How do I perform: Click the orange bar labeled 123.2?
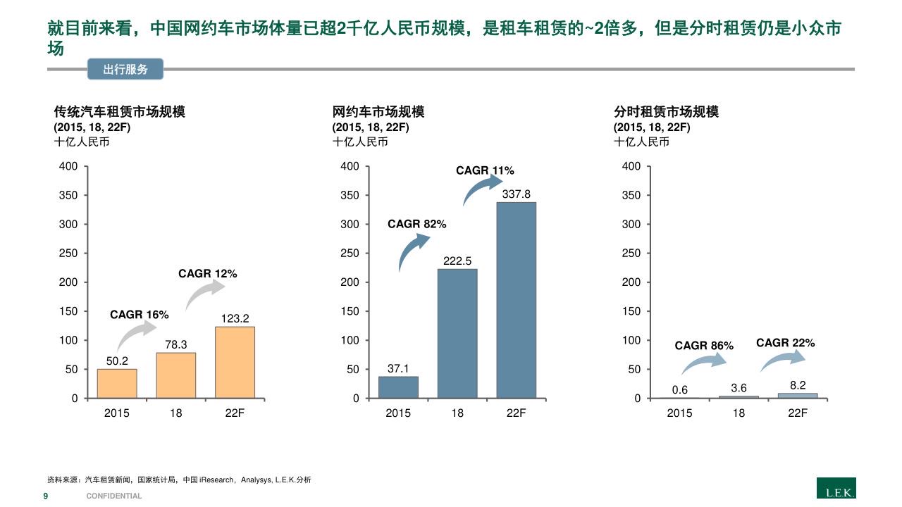[x=235, y=362]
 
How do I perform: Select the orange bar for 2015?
[x=117, y=383]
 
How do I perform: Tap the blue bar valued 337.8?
[x=516, y=300]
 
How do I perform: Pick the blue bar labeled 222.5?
[x=457, y=333]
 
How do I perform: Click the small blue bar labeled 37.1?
[x=398, y=387]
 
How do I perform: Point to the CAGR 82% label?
[x=416, y=224]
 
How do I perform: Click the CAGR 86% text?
[x=704, y=346]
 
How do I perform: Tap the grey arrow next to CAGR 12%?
[x=204, y=294]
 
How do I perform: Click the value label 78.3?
[x=176, y=344]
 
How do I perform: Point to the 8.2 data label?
[x=798, y=385]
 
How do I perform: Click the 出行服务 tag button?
[x=125, y=69]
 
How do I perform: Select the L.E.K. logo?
[x=836, y=488]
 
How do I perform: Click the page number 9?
[x=46, y=496]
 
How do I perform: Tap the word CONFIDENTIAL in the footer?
[x=114, y=496]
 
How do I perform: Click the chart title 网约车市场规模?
[x=378, y=112]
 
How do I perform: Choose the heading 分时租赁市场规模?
[x=666, y=112]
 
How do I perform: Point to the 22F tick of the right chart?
[x=798, y=413]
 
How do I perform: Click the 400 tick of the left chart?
[x=68, y=166]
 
